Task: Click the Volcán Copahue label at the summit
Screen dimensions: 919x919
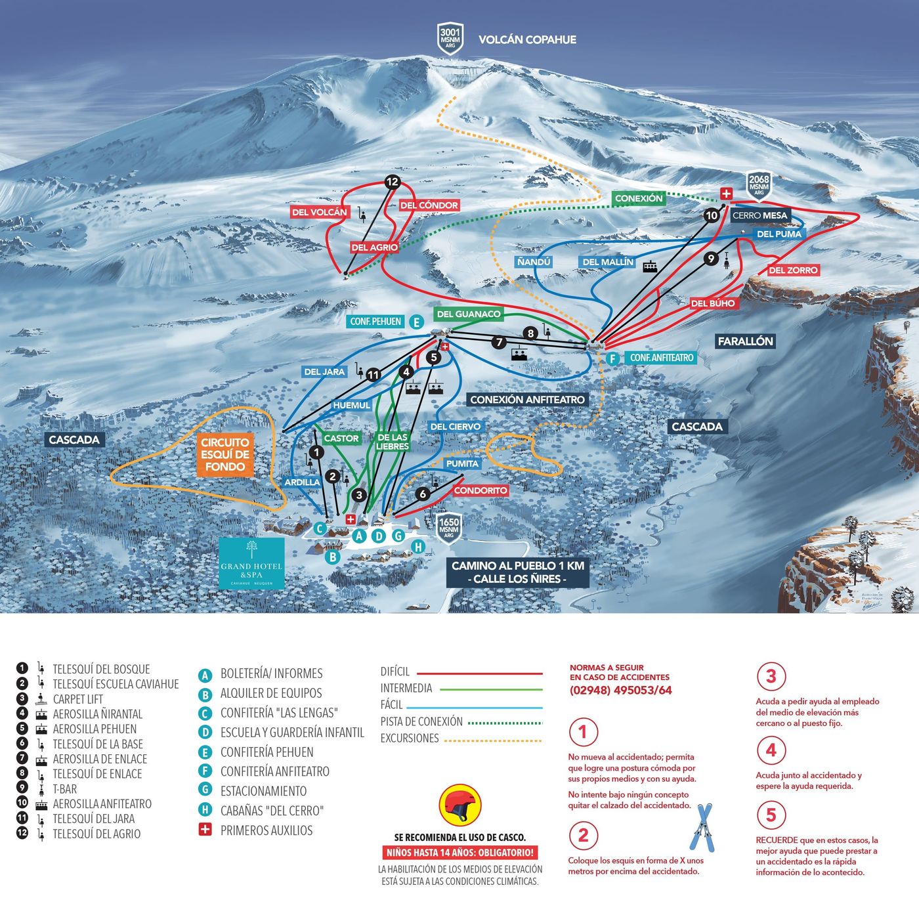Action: coord(527,39)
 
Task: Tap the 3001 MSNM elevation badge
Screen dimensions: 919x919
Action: coord(450,38)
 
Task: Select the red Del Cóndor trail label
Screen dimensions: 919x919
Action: coord(429,205)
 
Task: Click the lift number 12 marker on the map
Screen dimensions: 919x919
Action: coord(393,182)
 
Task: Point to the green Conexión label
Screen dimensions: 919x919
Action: coord(639,198)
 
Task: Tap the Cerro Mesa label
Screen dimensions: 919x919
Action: coord(759,215)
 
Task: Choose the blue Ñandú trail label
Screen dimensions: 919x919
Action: coord(534,262)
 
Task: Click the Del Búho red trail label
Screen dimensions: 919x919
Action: coord(713,303)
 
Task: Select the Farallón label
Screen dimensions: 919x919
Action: coord(745,341)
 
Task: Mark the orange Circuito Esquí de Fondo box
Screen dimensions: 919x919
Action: coord(225,455)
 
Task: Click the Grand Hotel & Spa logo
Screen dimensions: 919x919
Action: coord(251,563)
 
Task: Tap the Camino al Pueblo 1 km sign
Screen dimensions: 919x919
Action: coord(517,572)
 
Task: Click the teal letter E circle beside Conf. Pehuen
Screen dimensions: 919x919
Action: coord(416,322)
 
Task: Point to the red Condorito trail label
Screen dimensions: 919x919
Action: coord(481,490)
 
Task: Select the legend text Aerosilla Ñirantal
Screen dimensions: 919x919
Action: coord(97,714)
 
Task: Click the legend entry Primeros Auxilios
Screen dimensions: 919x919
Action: coord(266,830)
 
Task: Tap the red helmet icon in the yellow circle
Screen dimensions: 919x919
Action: coord(460,805)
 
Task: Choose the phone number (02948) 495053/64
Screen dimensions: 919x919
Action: coord(620,690)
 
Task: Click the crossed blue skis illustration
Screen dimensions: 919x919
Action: coord(702,827)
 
